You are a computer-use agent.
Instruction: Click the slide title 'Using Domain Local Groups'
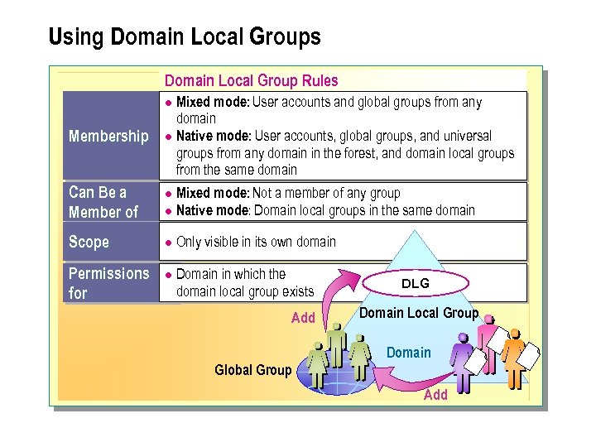[184, 37]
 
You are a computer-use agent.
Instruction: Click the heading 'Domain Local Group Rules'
[251, 80]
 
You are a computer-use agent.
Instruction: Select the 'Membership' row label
[108, 136]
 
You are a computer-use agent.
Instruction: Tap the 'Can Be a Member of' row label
[103, 202]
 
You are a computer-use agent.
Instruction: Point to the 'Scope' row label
[89, 242]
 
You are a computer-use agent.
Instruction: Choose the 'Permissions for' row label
[108, 282]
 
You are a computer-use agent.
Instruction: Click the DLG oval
[416, 284]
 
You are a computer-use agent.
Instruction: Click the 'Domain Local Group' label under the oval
[419, 313]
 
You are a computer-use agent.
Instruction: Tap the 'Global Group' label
[252, 370]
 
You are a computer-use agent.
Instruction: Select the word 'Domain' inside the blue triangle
[408, 353]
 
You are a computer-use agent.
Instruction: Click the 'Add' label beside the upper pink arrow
[303, 318]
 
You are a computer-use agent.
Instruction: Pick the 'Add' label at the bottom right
[435, 395]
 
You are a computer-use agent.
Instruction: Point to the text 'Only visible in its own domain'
[256, 242]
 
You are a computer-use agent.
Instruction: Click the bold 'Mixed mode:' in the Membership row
[213, 103]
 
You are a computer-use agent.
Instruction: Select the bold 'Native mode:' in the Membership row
[214, 136]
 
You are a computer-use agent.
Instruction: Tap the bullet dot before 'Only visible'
[166, 243]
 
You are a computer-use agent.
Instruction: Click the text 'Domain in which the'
[231, 274]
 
